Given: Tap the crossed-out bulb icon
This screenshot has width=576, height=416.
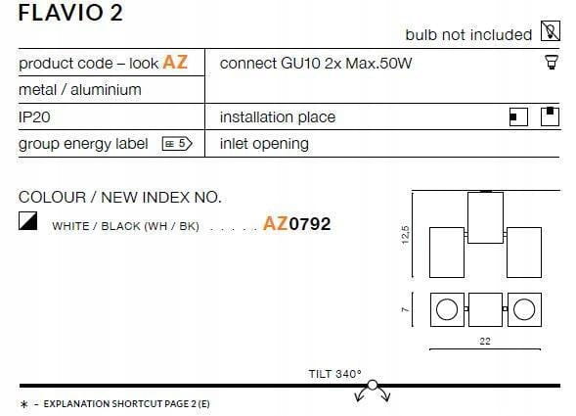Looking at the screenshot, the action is coord(551,31).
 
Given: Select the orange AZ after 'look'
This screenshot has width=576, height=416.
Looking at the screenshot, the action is coord(175,63).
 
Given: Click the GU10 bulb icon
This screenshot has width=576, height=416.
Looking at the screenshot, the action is coord(552,62).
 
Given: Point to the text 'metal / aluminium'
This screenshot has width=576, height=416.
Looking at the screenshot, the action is coord(80,90).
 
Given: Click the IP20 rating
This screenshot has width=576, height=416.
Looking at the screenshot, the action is coord(34,117).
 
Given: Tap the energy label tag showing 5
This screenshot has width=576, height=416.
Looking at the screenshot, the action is coord(177,144).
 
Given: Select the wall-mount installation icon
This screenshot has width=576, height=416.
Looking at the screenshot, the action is coord(518,116).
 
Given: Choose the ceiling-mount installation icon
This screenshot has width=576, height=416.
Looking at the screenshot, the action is coord(550,116).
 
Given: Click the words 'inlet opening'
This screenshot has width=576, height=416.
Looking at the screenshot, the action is coord(264,144).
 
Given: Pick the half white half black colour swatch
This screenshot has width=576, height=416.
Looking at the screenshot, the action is coord(28,220).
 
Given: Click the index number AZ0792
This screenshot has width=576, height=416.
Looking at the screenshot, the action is coord(297,223).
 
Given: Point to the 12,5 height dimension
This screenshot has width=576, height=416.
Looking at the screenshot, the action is coord(405,235).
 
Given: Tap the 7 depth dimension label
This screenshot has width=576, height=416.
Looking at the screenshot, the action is coord(405,309).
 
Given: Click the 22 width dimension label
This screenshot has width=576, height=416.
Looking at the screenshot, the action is coord(485,341).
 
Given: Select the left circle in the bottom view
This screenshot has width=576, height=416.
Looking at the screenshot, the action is coord(447,309).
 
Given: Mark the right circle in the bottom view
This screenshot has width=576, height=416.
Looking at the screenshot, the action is coord(524,309).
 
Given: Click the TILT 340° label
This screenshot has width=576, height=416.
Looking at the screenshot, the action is coord(335,374).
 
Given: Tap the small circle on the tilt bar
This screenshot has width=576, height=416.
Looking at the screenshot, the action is coord(373,385).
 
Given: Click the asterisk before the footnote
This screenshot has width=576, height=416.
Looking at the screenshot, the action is coord(24,404).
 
